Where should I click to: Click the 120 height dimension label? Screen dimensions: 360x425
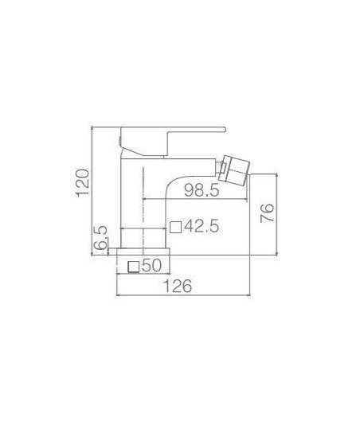(x=83, y=183)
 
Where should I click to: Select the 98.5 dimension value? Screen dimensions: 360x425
(x=202, y=190)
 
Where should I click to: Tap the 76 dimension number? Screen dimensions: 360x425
(x=267, y=212)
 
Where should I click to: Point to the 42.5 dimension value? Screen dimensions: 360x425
(x=201, y=226)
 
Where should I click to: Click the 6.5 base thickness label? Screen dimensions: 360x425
(x=100, y=238)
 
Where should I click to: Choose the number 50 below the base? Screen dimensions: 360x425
(x=151, y=265)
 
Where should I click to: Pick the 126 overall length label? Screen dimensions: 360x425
(x=178, y=286)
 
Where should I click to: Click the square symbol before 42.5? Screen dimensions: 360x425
(x=175, y=227)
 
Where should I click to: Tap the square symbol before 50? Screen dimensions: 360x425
(x=133, y=267)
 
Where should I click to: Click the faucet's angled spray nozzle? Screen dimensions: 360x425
(x=235, y=170)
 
